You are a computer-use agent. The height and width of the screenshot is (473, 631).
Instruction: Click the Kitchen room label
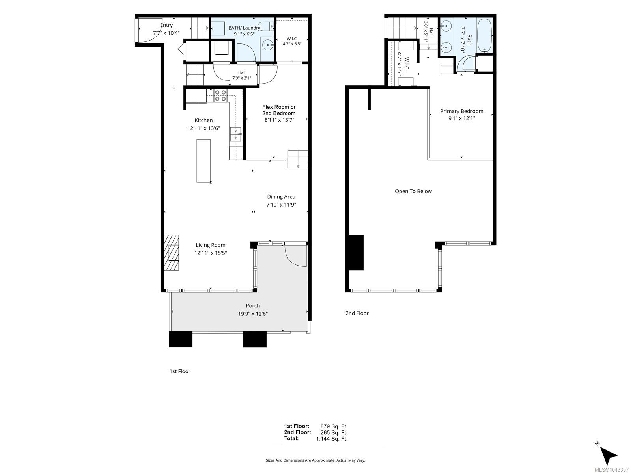[203, 120]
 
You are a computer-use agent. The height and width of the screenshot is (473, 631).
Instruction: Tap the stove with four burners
[220, 96]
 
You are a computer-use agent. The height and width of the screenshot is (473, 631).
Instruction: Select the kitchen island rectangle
[203, 161]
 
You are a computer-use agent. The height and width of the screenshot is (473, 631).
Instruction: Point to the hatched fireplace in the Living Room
[171, 253]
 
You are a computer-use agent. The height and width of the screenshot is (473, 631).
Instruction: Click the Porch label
[253, 306]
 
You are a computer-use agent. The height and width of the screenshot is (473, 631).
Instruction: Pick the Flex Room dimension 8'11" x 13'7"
[280, 120]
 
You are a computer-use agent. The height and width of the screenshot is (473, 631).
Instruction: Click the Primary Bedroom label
[462, 111]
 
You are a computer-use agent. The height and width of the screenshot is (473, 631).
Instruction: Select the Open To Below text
[413, 191]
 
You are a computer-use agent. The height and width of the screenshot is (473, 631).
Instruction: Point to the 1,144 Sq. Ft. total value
[332, 439]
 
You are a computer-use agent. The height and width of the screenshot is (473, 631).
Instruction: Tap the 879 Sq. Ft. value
[334, 426]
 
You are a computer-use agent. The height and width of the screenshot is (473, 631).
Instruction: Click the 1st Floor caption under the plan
[180, 371]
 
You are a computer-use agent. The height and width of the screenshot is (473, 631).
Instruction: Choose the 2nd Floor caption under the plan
[357, 313]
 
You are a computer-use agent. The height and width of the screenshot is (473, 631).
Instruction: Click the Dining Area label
[281, 197]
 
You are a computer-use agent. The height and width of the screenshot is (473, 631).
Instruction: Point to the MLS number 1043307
[612, 470]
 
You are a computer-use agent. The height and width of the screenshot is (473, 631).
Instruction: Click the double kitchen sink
[235, 134]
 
